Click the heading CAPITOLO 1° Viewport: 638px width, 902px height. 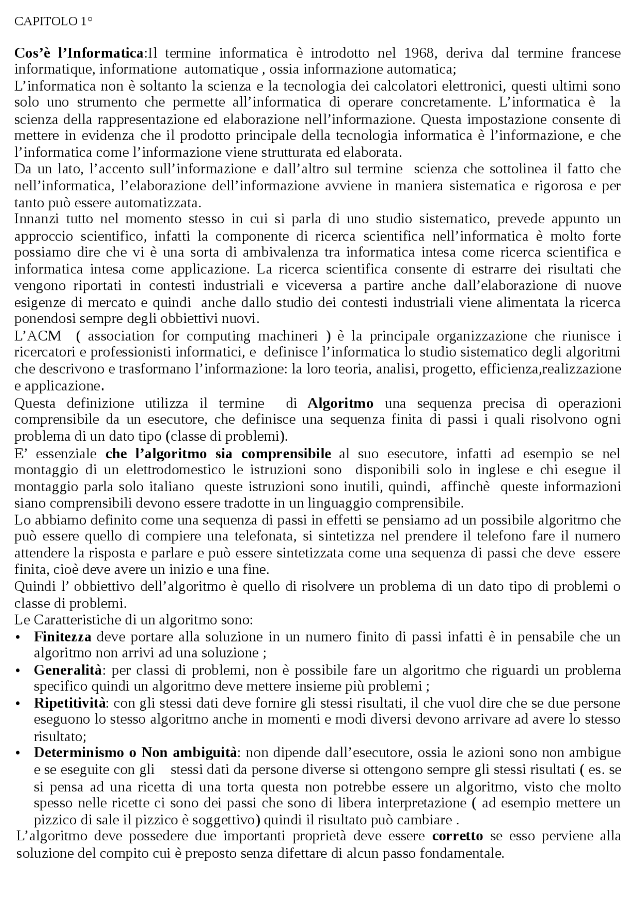[53, 21]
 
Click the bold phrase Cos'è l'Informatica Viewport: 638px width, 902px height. [79, 53]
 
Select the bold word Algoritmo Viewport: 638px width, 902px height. [340, 403]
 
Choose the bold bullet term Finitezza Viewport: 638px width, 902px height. [62, 637]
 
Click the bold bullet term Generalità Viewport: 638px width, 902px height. [68, 670]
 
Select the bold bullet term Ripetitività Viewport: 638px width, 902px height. [70, 703]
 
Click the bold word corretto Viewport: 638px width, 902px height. [458, 836]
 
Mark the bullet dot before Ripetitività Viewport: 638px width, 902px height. [18, 704]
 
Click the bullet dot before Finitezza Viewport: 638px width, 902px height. [18, 638]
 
